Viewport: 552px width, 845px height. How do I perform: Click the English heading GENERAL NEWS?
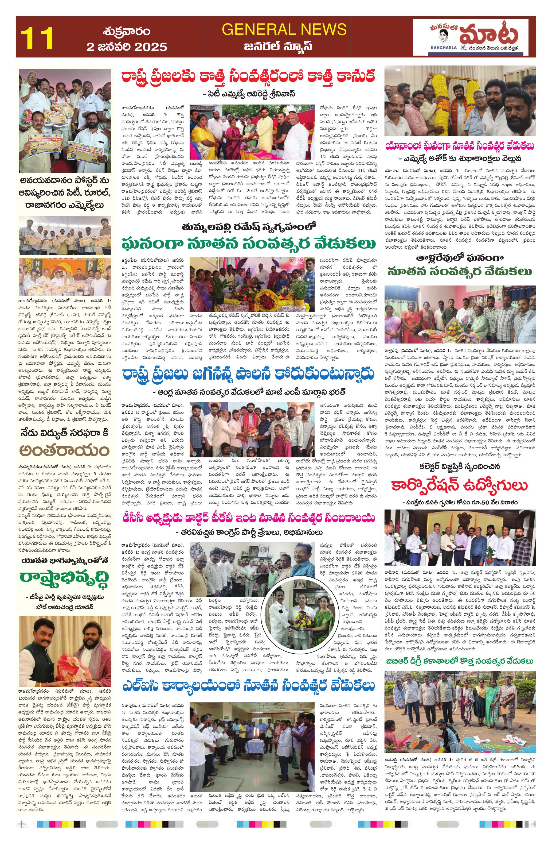[x=284, y=29]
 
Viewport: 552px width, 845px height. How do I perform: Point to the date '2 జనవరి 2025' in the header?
[x=127, y=47]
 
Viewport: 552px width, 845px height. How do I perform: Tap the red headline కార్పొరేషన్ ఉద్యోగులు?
[x=460, y=485]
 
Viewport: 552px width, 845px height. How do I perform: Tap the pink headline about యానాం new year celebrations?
[x=460, y=146]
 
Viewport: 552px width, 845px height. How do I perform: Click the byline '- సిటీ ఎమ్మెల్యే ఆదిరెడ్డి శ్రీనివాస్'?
[x=248, y=94]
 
